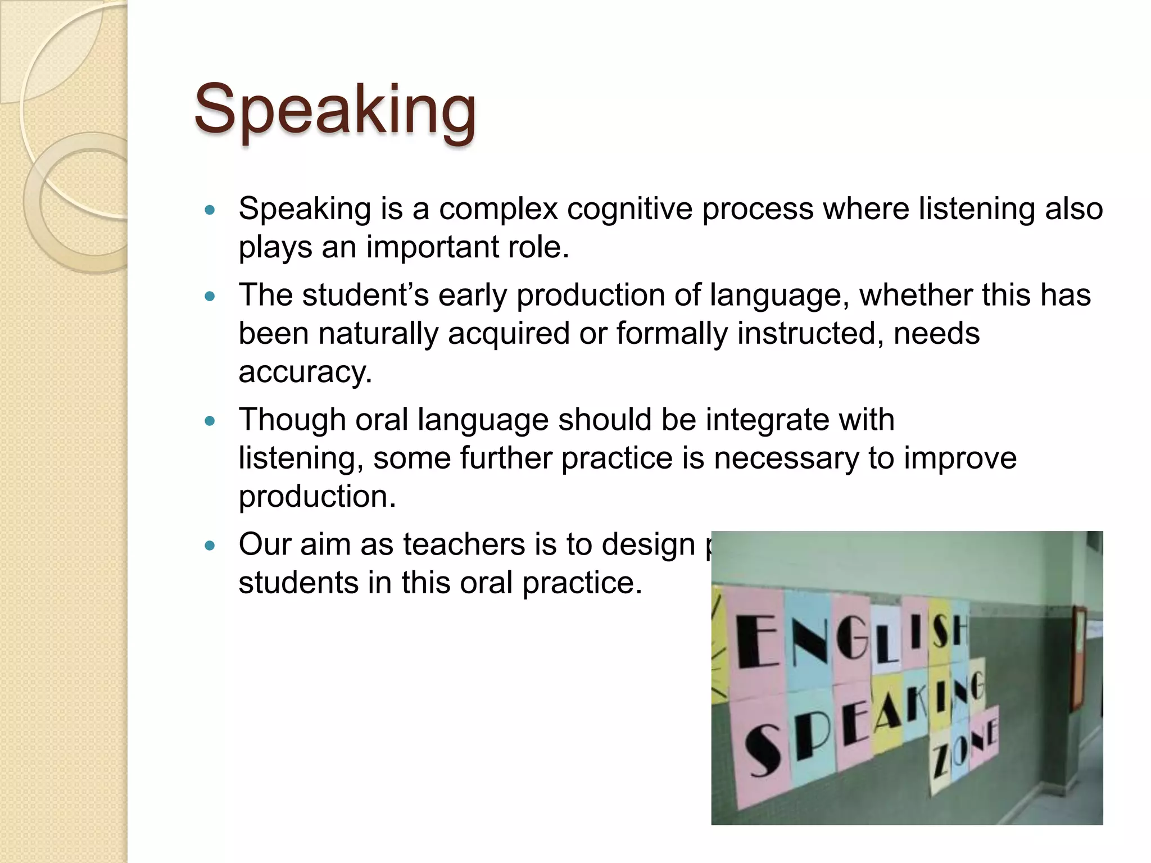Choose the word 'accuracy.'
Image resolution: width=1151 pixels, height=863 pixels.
pyautogui.click(x=305, y=372)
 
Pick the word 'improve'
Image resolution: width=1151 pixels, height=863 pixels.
pyautogui.click(x=960, y=458)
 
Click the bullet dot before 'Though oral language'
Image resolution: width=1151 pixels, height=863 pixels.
pyautogui.click(x=210, y=421)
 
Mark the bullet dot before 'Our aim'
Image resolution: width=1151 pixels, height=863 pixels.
pyautogui.click(x=210, y=546)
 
